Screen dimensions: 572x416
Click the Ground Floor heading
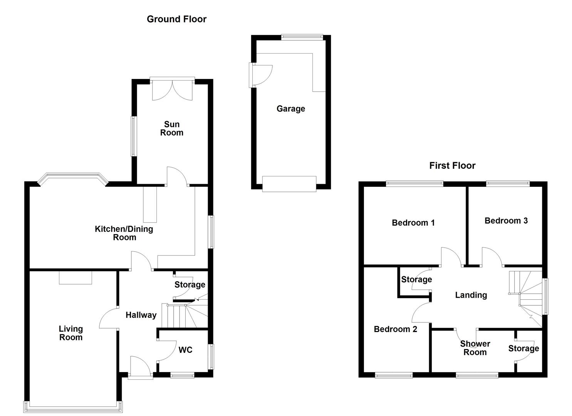pos(176,19)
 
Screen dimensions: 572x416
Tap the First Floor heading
pos(452,166)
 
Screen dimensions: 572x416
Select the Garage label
pos(290,109)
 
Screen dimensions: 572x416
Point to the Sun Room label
pos(172,128)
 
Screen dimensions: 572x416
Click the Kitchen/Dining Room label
pos(124,233)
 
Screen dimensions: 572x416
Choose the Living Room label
pos(71,333)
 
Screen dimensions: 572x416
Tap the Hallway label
pos(141,315)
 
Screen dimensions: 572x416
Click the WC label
pos(185,350)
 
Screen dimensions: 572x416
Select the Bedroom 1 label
pos(413,223)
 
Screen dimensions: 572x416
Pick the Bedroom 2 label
pos(395,329)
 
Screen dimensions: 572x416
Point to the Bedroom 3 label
pos(506,220)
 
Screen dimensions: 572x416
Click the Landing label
pos(471,295)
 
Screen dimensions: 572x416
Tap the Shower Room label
pos(475,348)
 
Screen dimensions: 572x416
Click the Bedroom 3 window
pos(508,183)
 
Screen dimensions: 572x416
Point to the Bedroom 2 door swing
pos(421,312)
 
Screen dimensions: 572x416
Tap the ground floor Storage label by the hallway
pos(190,285)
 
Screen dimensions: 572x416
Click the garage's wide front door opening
pos(289,184)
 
